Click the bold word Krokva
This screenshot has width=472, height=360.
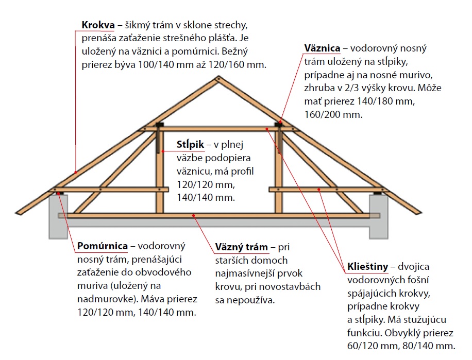(97, 25)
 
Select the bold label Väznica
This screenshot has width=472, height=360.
(322, 48)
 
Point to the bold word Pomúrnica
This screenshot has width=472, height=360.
(103, 246)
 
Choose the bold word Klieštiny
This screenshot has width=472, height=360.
(366, 267)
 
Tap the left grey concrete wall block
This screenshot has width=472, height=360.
(59, 216)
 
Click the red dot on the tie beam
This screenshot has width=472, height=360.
(194, 216)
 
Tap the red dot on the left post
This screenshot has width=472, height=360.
(162, 151)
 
